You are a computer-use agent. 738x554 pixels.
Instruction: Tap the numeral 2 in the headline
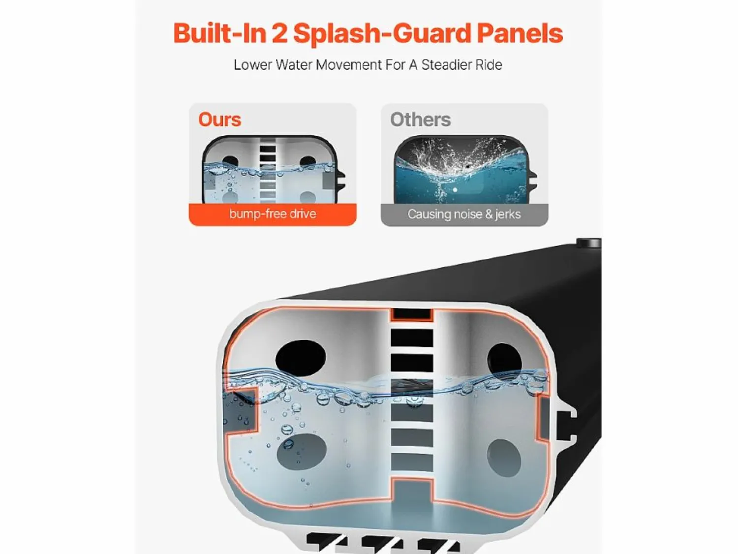pyautogui.click(x=280, y=33)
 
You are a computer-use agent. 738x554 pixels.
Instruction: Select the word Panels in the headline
pyautogui.click(x=520, y=33)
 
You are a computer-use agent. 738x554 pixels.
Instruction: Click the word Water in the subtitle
pyautogui.click(x=294, y=65)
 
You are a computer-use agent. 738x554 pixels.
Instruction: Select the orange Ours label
pyautogui.click(x=219, y=120)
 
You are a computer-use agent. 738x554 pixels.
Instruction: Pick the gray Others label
pyautogui.click(x=420, y=120)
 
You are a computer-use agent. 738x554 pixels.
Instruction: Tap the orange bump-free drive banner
pyautogui.click(x=273, y=214)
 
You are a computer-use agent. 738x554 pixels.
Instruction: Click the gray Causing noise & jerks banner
pyautogui.click(x=464, y=215)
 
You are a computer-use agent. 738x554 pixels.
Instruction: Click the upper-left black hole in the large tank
pyautogui.click(x=301, y=357)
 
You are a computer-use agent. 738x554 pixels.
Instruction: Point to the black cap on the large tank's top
pyautogui.click(x=589, y=243)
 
